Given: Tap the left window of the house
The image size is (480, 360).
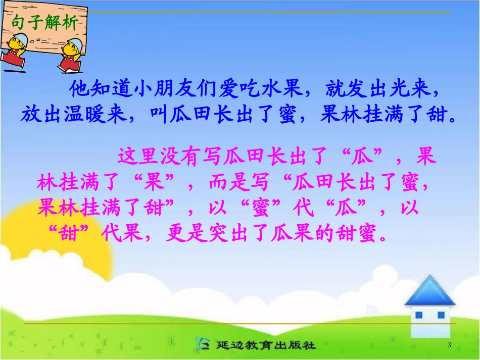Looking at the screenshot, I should click(x=418, y=315).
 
